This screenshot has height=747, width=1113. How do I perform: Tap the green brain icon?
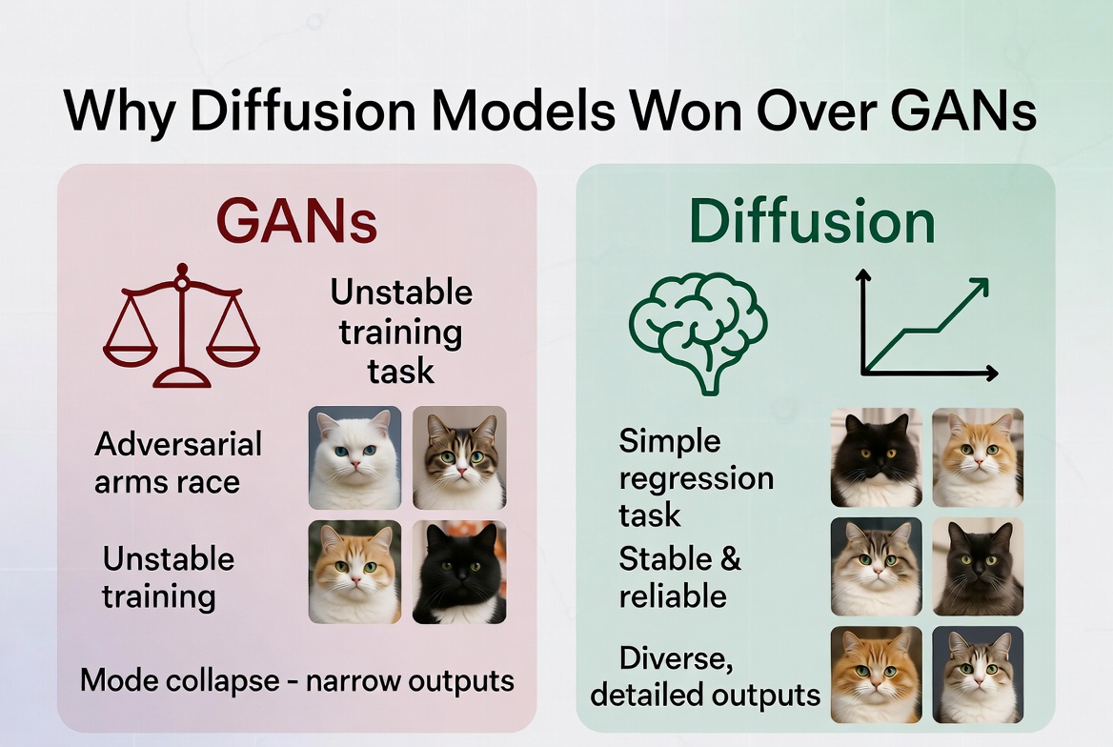698,329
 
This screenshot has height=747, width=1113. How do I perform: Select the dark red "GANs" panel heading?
295,221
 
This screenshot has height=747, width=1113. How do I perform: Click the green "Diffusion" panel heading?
812,221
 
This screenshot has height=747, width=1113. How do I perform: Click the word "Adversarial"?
178,444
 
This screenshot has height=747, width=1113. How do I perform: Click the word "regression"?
696,478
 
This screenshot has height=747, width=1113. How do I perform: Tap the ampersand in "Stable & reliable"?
729,558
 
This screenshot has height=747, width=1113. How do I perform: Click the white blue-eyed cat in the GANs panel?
354,457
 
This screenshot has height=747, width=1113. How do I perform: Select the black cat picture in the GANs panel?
458,573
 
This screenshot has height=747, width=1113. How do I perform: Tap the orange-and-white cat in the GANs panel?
354,573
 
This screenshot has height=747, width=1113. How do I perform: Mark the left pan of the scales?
131,350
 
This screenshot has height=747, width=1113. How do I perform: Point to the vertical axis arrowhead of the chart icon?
863,277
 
